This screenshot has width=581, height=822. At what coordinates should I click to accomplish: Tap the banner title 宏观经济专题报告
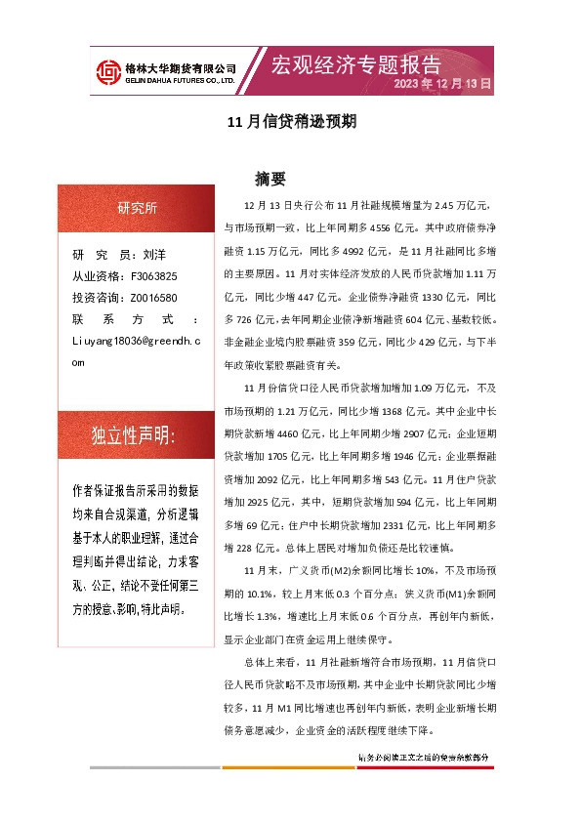point(355,64)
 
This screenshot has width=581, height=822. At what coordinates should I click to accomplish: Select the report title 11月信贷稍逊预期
point(290,123)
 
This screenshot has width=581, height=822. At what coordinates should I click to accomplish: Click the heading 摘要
point(270,179)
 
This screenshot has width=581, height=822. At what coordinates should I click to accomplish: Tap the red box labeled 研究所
point(136,209)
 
